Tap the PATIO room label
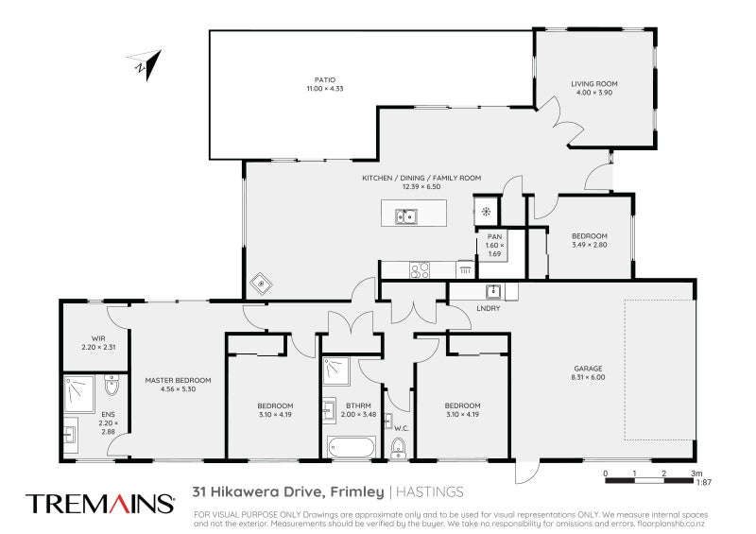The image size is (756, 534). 325,80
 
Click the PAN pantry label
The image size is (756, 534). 494,237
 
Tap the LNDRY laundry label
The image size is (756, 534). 489,307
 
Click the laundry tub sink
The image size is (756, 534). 492,290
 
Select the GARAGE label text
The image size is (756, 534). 587,368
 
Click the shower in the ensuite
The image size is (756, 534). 80,388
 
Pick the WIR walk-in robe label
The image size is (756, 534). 97,337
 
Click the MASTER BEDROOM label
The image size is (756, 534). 178,380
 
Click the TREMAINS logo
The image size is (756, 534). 99,503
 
